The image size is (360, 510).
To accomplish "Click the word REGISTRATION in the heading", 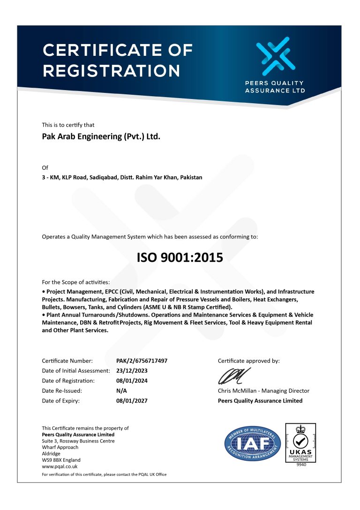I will (x=112, y=70).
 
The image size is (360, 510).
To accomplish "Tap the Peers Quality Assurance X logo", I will (x=275, y=57).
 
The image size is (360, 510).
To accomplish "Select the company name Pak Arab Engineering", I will (x=101, y=137).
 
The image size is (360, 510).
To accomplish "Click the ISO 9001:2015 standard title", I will (x=180, y=258).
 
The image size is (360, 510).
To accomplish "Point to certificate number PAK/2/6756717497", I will (x=142, y=361).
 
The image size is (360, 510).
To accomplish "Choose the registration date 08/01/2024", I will (x=132, y=381).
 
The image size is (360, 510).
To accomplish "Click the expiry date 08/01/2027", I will (x=132, y=401).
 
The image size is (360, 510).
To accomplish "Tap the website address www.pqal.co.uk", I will (x=60, y=466).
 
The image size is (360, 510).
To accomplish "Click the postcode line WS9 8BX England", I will (x=61, y=460).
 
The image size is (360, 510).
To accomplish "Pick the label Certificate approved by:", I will (x=248, y=361).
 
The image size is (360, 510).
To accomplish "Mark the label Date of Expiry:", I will (x=60, y=401).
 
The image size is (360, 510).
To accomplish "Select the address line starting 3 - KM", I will (x=122, y=177).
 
